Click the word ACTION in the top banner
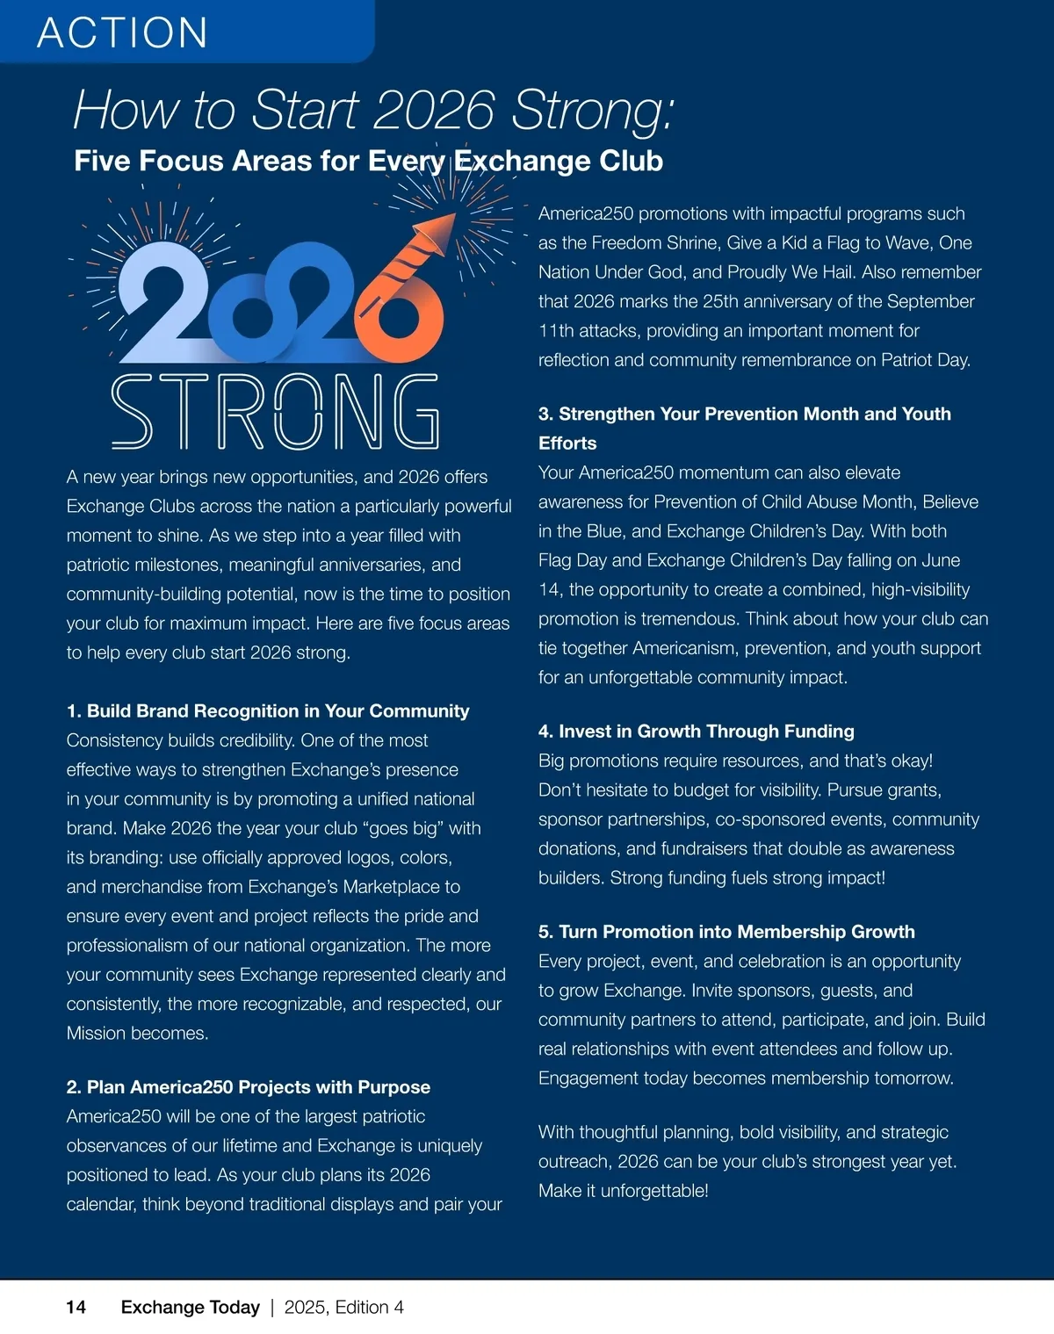pos(122,32)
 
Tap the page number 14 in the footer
pos(76,1307)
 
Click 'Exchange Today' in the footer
pos(190,1307)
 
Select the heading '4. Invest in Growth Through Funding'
pos(696,731)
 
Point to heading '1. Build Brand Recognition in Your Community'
pos(268,710)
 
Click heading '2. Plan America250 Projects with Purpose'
pos(249,1086)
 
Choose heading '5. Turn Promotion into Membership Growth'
pos(726,931)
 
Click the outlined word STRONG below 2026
pos(274,411)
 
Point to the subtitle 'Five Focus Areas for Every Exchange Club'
pos(368,161)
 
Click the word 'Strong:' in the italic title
pos(593,111)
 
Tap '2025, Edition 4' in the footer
pos(343,1307)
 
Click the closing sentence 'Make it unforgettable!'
pos(623,1190)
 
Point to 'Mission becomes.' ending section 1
pos(137,1033)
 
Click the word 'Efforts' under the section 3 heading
pos(567,443)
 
